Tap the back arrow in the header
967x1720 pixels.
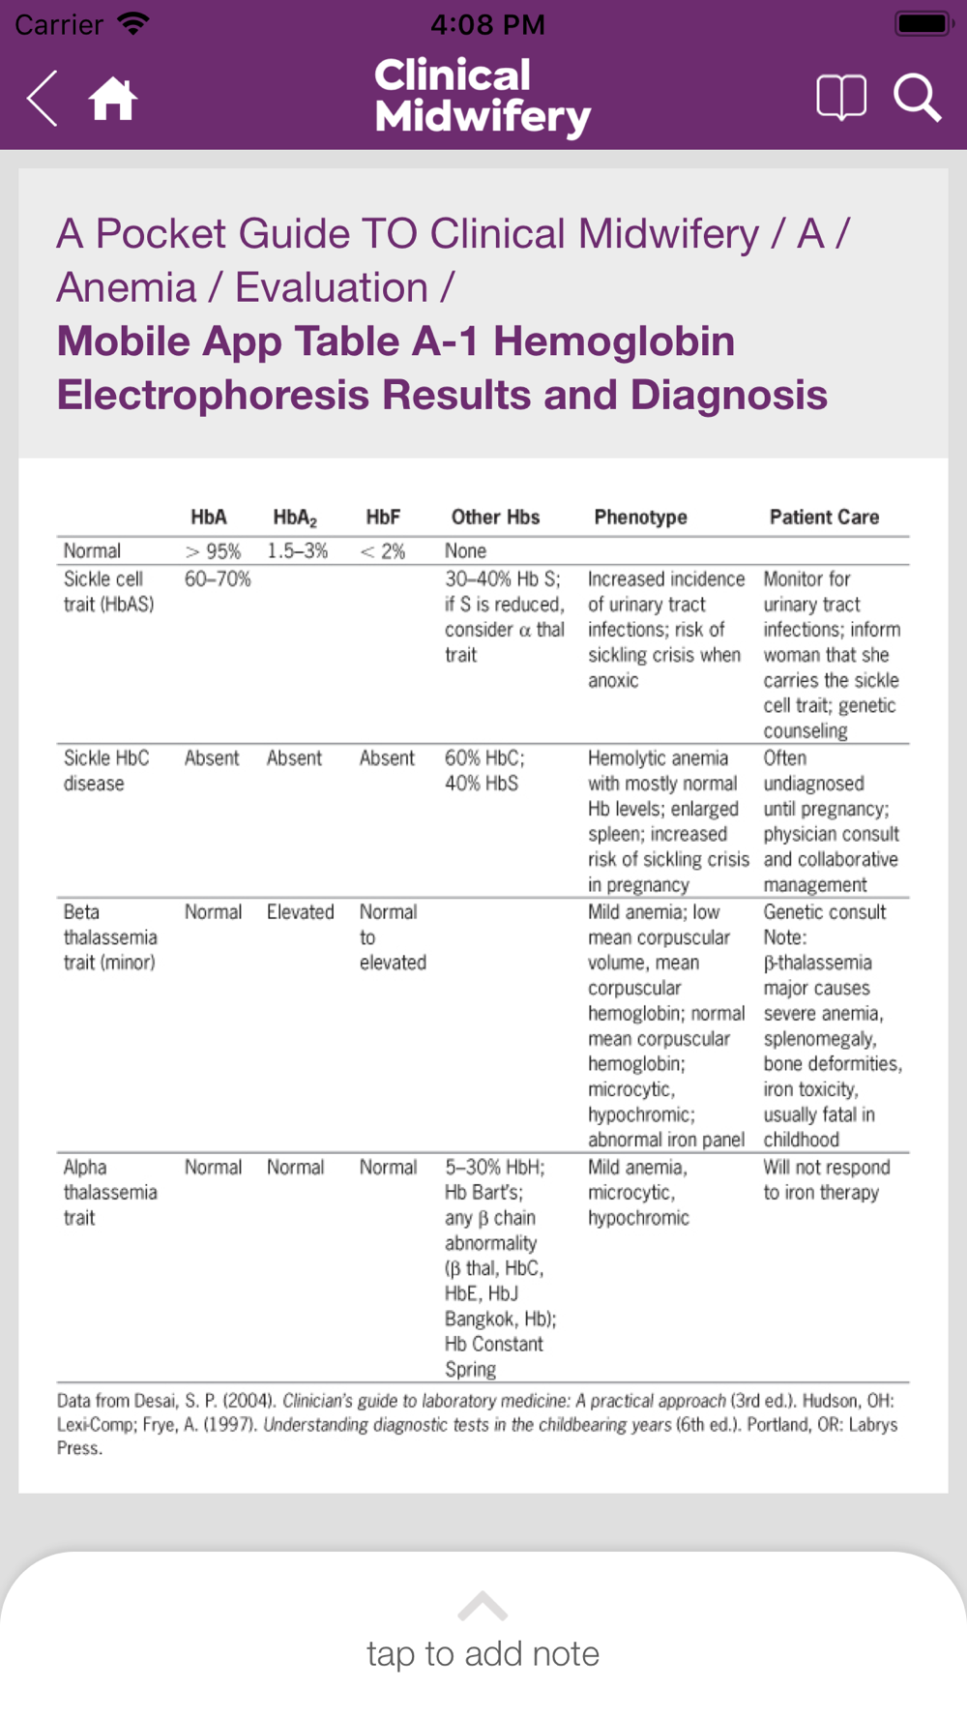[43, 98]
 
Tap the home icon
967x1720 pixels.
[112, 98]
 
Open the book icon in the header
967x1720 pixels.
[840, 98]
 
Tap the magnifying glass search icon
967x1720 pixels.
[916, 98]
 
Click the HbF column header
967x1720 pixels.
[383, 518]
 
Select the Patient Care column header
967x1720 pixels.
[824, 518]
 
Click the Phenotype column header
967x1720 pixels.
[640, 518]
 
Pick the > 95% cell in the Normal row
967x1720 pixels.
[213, 551]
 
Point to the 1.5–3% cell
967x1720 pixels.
[298, 551]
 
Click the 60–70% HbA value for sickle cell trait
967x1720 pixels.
[218, 579]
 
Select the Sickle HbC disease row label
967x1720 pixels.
[106, 771]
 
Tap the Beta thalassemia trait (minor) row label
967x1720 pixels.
[109, 937]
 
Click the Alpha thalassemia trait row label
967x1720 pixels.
[109, 1193]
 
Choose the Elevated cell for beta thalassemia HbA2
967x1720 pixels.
[300, 912]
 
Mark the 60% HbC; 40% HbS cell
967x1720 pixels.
[484, 771]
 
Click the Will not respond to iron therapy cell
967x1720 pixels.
[826, 1180]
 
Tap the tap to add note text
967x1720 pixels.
[483, 1654]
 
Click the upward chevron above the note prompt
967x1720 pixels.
[483, 1607]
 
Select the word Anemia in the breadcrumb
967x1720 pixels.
[126, 288]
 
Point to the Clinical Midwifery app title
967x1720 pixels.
[483, 96]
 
